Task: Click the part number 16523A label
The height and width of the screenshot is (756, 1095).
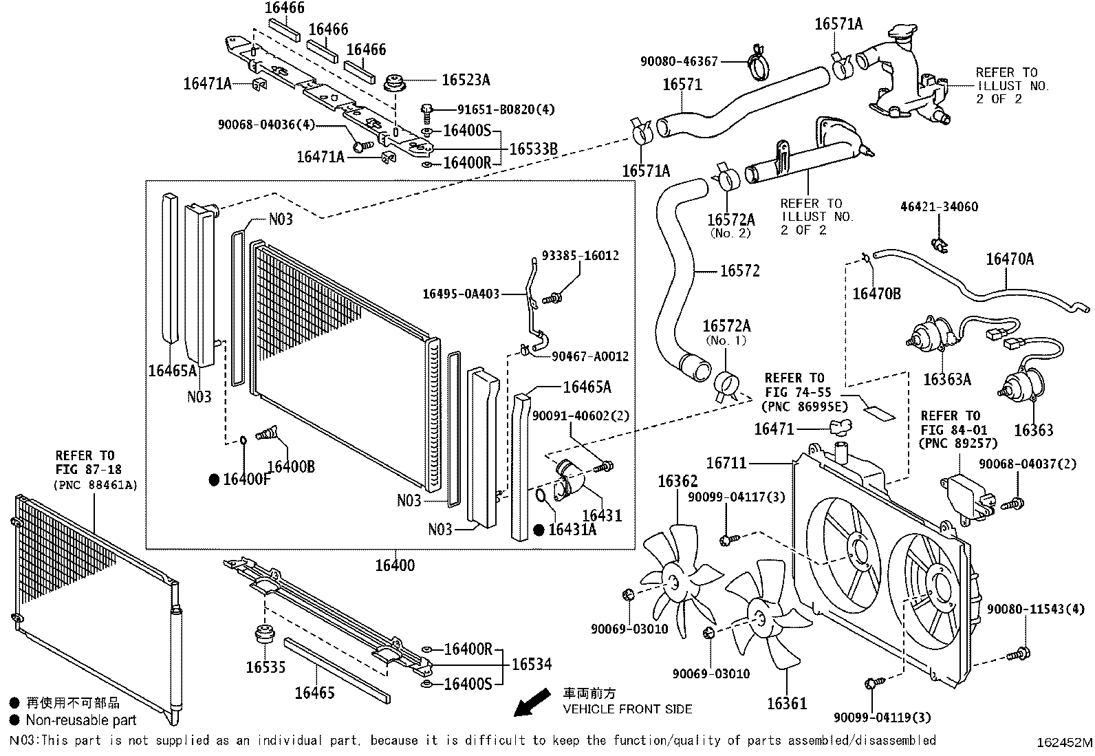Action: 466,80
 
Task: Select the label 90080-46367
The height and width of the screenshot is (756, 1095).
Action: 679,61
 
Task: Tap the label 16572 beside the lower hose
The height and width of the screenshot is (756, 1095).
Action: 740,270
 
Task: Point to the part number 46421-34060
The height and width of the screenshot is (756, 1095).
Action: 939,206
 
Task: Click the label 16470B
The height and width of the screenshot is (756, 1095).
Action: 876,294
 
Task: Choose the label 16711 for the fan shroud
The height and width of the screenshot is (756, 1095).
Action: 726,462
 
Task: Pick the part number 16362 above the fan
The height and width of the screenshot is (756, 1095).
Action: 677,481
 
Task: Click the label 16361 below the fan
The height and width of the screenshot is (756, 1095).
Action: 787,703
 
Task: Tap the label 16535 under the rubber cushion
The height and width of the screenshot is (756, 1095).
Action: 265,667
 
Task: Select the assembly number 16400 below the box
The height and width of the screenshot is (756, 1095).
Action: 395,565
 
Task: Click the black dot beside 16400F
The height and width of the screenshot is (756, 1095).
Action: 214,479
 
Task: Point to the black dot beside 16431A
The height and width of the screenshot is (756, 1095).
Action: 539,530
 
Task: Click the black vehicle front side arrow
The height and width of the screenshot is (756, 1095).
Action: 532,702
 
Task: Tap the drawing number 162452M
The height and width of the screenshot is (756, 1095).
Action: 1064,742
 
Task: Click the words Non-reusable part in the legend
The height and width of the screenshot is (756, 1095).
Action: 81,720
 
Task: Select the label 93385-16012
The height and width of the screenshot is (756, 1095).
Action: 581,255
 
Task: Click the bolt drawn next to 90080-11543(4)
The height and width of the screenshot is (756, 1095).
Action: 1018,654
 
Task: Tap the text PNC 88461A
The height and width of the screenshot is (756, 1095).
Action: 96,485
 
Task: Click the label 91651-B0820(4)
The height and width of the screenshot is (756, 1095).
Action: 506,109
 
